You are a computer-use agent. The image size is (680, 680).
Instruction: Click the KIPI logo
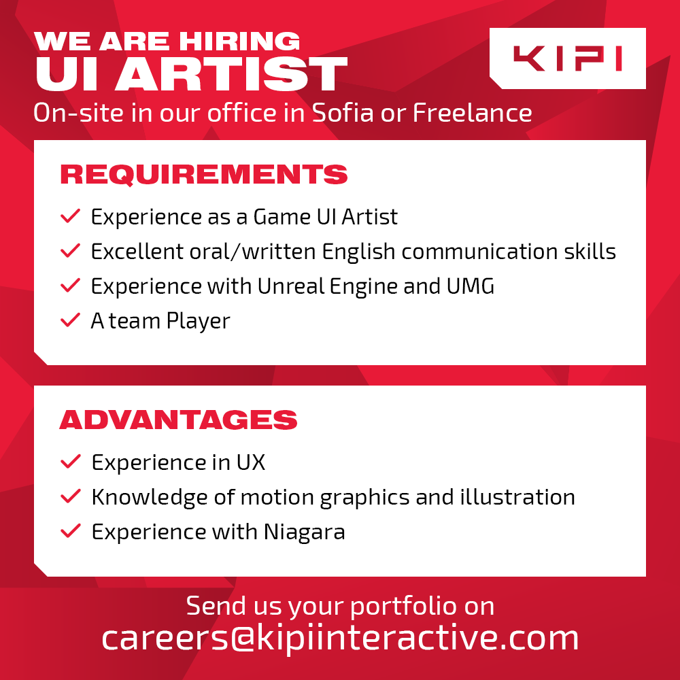coord(567,58)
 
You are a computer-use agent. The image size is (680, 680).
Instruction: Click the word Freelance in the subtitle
coord(472,112)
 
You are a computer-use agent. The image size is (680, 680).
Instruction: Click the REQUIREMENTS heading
coord(204,175)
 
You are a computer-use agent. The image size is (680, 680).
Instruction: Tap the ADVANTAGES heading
coord(178,420)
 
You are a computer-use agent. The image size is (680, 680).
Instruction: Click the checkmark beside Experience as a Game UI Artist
coord(71,217)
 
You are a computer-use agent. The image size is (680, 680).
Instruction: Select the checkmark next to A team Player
coord(71,320)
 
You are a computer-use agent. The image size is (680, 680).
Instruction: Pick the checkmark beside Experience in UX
coord(71,462)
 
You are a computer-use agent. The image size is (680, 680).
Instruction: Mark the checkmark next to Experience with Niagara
coord(71,531)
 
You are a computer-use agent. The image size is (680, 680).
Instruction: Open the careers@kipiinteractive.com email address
coord(340,638)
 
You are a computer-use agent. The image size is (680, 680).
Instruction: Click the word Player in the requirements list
coord(198,321)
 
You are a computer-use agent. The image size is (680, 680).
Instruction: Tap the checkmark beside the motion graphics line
coord(71,496)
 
